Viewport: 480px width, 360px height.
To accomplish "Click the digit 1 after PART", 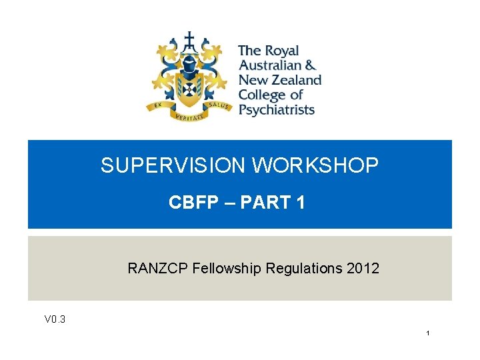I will click(x=301, y=203).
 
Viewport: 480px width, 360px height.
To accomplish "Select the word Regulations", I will click(x=304, y=269).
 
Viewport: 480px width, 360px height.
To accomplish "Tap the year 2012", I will click(x=363, y=269).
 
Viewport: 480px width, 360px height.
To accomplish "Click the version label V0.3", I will click(x=55, y=319).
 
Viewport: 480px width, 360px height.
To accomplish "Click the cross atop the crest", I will click(x=190, y=39).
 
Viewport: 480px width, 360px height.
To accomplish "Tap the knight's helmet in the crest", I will click(x=190, y=66).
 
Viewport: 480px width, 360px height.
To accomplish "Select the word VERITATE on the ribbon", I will click(x=189, y=117).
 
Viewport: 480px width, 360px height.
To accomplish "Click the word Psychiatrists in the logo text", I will click(x=276, y=109).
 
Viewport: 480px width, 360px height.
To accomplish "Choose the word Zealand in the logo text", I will click(x=293, y=80).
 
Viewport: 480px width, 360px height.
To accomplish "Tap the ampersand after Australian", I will click(x=309, y=65).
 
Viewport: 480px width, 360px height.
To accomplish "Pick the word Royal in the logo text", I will click(x=281, y=51).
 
